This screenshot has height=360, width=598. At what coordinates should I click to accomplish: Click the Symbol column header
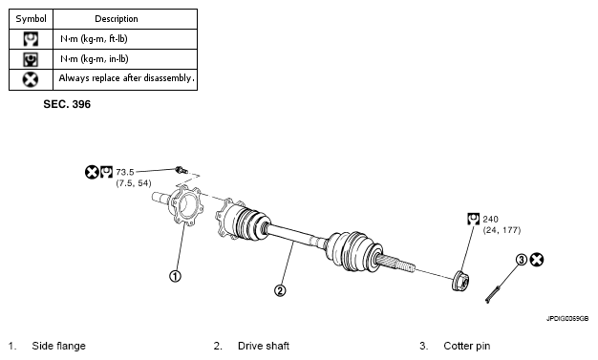pos(31,19)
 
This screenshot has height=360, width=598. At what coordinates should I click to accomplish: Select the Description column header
pos(117,19)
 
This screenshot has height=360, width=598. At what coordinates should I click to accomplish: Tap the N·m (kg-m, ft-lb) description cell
pos(94,39)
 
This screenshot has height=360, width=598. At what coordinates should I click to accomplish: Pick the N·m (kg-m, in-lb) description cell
pos(95,59)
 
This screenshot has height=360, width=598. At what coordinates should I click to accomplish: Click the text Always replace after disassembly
pos(126,78)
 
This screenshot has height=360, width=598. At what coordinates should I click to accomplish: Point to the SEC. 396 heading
pos(67,104)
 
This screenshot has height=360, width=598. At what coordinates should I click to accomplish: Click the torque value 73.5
pos(125,172)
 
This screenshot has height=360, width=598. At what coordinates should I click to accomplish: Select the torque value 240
pos(490,220)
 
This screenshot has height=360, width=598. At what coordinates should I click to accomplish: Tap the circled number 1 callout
pos(175,276)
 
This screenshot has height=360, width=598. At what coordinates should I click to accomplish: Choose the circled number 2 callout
pos(280,290)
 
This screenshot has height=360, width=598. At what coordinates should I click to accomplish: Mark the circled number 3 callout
pos(522,260)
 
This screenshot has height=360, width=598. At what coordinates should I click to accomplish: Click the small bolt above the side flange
pos(182,170)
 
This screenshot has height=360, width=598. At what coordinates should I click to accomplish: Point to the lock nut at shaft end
pos(461,281)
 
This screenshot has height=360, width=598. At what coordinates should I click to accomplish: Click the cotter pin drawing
pos(492,294)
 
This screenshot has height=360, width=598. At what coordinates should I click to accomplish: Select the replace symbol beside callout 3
pos(537,260)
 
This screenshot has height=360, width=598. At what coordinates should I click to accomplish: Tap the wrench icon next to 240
pos(473,219)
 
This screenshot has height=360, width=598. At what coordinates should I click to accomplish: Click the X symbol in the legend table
pos(31,79)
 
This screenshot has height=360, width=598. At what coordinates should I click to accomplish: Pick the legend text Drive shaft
pos(264,346)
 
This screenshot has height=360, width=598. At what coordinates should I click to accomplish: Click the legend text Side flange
pos(58,346)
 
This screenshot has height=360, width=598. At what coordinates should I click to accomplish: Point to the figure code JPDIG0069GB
pos(567,318)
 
